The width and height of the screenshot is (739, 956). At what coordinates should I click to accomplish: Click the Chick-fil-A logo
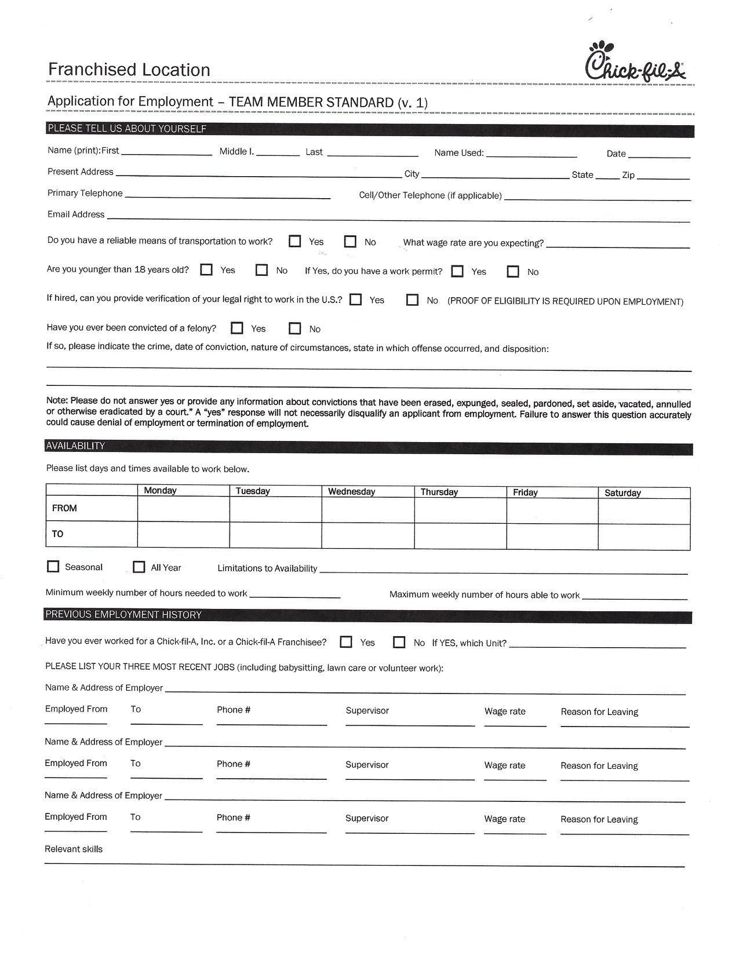pos(635,62)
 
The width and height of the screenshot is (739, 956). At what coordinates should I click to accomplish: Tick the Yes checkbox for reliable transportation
pos(295,241)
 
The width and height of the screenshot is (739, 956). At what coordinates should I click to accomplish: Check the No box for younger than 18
pos(262,269)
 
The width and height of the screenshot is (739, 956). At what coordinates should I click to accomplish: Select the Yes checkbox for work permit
pos(457,271)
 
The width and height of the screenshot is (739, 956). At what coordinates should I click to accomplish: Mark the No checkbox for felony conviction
pos(295,329)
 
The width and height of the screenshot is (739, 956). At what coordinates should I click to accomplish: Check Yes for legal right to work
pos(356,300)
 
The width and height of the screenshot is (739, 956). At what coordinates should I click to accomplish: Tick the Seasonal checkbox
pos(53,567)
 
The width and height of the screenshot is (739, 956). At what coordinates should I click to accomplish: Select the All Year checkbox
pos(139,567)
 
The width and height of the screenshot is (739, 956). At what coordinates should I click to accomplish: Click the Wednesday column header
pos(351,491)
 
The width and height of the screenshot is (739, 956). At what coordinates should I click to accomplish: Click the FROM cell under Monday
pos(183,509)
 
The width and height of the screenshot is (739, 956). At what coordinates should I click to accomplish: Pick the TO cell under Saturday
pos(644,536)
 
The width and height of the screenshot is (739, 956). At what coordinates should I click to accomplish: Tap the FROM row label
pos(64,508)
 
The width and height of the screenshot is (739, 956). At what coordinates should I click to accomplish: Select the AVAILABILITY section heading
pos(75,446)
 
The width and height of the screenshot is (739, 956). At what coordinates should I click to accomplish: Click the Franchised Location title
pos(129,70)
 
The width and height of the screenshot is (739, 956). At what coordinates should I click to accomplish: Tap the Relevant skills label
pos(74,849)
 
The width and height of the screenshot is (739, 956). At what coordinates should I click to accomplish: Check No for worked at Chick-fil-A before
pos(399,642)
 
